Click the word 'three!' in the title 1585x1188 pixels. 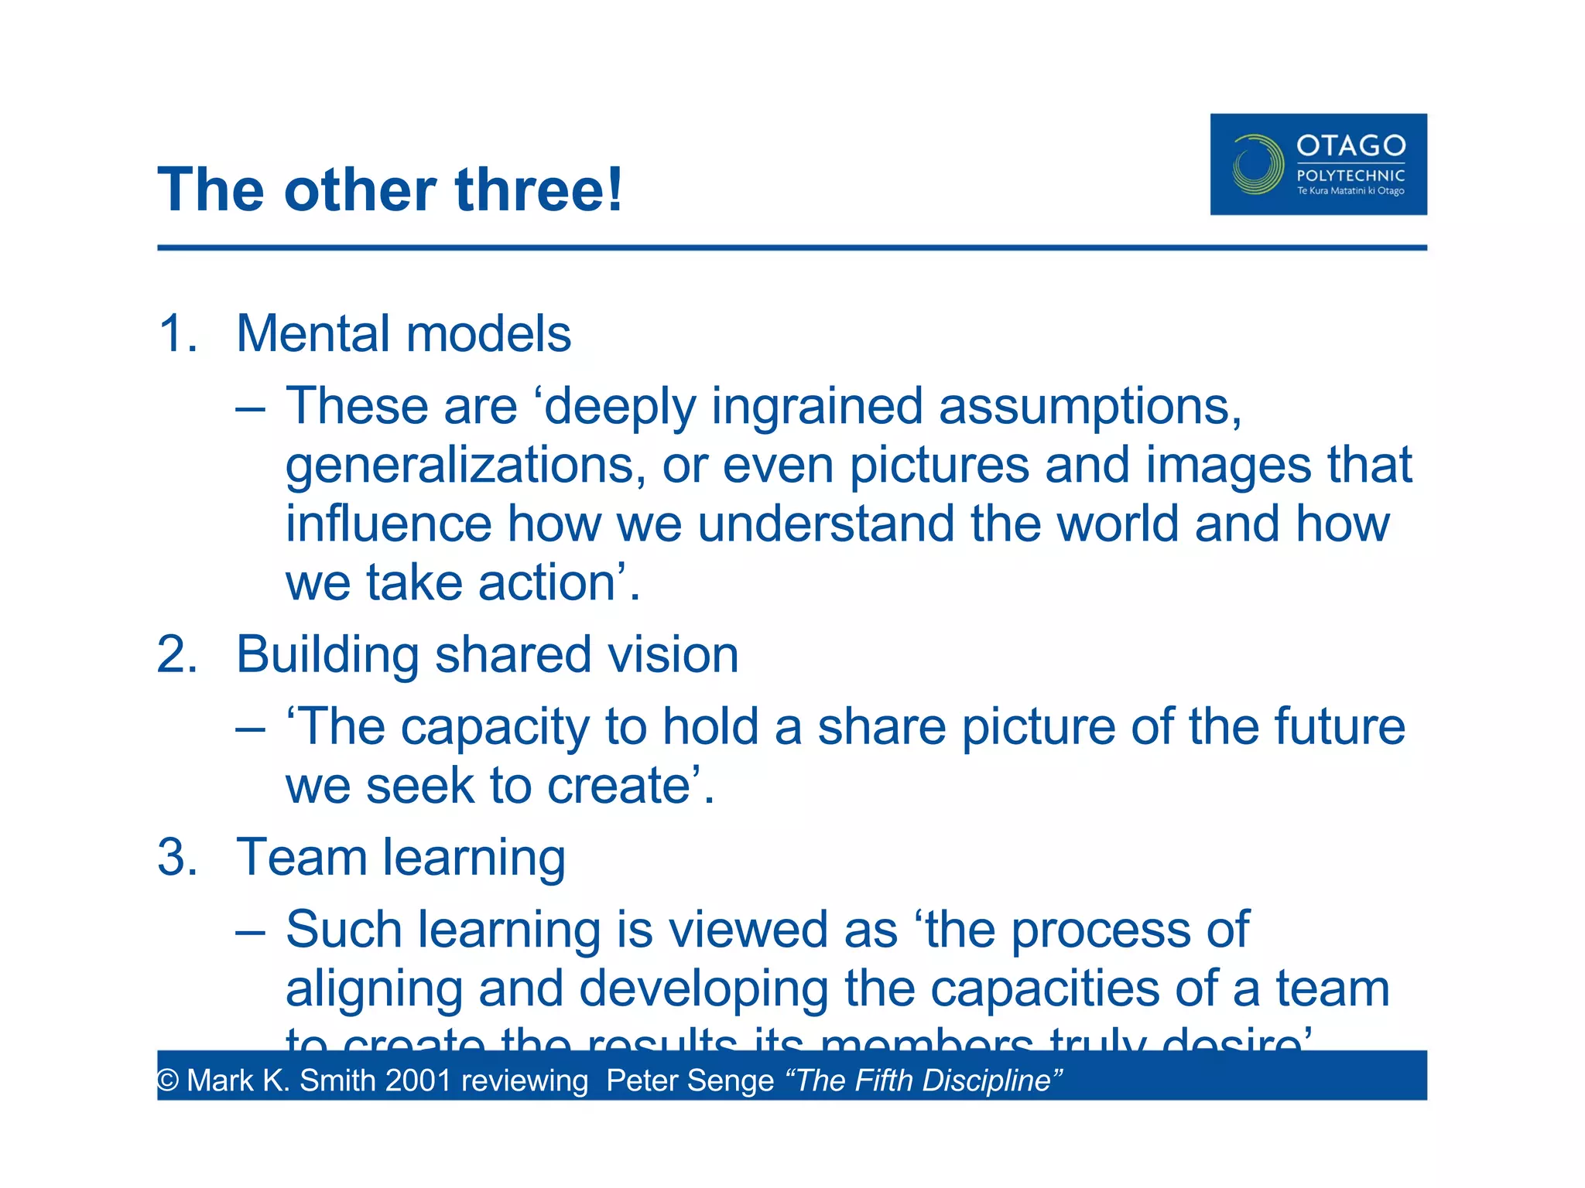pos(539,190)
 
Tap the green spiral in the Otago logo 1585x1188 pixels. pos(1258,164)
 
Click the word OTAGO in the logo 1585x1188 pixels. pos(1351,145)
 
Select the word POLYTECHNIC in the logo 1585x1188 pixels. pos(1351,176)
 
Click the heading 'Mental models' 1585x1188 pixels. pos(403,334)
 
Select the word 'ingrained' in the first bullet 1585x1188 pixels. pos(817,407)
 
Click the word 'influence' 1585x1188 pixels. pos(389,524)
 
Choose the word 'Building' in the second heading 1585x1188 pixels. pos(327,655)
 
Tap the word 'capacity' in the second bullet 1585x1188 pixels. pos(495,728)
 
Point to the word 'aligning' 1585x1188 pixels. pos(374,989)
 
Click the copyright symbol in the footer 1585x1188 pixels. pos(167,1081)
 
